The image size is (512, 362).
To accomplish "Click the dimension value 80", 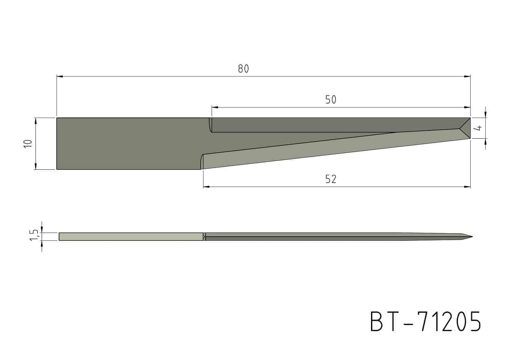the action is pyautogui.click(x=243, y=69).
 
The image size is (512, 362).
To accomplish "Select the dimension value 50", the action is pyautogui.click(x=330, y=100).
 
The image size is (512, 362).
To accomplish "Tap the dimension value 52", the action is pyautogui.click(x=330, y=179).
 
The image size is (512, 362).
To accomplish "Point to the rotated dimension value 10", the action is pyautogui.click(x=28, y=144).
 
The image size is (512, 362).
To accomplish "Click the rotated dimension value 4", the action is pyautogui.click(x=478, y=128).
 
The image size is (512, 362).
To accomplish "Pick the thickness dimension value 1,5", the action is pyautogui.click(x=34, y=235).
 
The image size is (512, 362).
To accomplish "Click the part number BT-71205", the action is pyautogui.click(x=426, y=321).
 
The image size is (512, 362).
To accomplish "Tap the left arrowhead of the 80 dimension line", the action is pyautogui.click(x=60, y=76).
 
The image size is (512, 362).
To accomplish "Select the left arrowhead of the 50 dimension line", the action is pyautogui.click(x=215, y=107).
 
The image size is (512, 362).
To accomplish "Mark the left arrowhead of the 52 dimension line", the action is pyautogui.click(x=207, y=187).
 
